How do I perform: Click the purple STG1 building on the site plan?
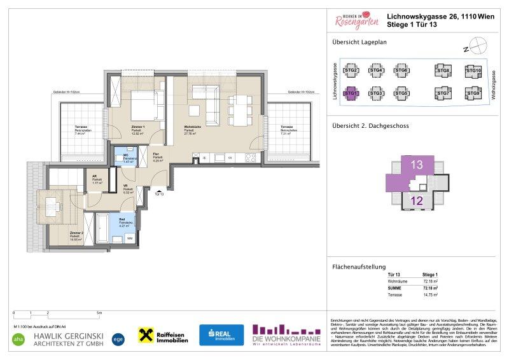click(351, 93)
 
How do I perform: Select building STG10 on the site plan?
click(473, 71)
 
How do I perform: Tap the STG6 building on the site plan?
click(401, 71)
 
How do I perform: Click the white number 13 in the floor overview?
click(416, 164)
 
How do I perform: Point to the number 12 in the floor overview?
click(417, 202)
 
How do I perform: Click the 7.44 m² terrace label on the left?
click(80, 132)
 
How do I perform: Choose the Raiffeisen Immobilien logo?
click(163, 336)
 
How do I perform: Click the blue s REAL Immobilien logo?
click(221, 335)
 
